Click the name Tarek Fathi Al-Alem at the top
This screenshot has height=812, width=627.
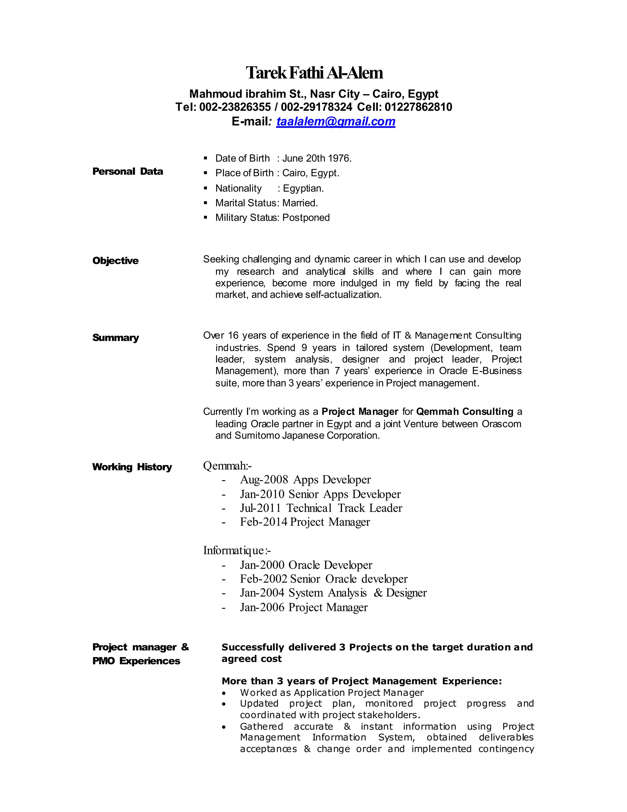point(314,73)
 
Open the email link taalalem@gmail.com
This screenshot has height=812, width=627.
point(336,122)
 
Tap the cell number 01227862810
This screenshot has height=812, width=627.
point(418,107)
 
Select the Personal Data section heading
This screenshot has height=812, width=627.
point(127,171)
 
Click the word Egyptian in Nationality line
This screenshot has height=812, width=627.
point(303,188)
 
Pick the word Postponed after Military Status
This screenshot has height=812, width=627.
point(306,218)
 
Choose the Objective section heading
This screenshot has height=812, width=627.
point(115,261)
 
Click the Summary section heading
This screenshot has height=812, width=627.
point(115,338)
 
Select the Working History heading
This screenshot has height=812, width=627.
point(132,467)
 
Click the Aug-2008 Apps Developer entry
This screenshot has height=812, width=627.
point(305,480)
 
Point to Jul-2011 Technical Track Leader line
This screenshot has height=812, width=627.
point(321,508)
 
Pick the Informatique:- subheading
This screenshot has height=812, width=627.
point(237,550)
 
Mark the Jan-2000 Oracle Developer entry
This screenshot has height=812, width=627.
point(306,565)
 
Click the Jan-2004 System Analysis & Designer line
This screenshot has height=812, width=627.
point(333,593)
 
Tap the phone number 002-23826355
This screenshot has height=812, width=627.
point(235,107)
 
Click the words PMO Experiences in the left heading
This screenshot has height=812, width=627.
point(136,661)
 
